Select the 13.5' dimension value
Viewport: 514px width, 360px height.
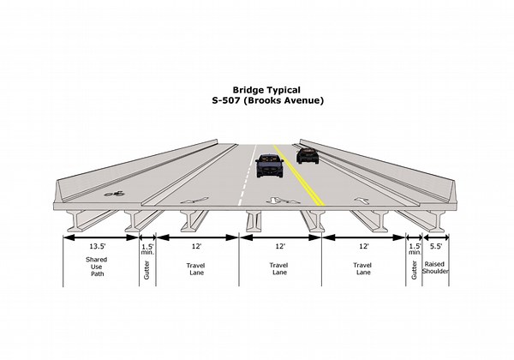[97, 247]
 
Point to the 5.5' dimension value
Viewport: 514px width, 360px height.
[437, 247]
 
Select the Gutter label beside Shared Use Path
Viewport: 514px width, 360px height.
[145, 270]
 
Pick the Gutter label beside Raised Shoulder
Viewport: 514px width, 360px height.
[414, 270]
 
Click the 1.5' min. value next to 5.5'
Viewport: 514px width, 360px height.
[415, 249]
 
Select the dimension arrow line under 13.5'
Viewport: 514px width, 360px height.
[97, 237]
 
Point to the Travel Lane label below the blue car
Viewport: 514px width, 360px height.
[279, 270]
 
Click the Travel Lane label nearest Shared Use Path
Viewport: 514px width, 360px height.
[196, 270]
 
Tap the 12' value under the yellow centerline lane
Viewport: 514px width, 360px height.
[279, 247]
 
